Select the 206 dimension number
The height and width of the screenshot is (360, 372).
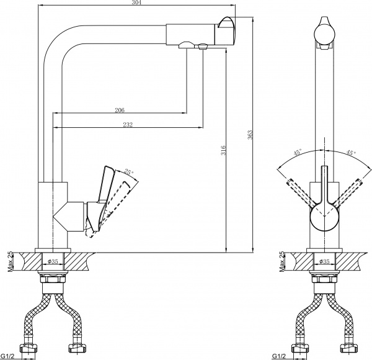tap(120, 110)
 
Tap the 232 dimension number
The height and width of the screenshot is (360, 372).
tap(128, 125)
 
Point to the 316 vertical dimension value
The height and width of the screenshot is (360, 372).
tap(223, 149)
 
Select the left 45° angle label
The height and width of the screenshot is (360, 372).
tap(298, 152)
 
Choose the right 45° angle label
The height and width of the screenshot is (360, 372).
tap(351, 153)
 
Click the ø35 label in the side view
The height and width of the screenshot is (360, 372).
tap(53, 262)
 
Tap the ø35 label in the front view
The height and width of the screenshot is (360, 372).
tap(324, 262)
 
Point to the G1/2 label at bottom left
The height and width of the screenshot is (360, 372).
tap(9, 356)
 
